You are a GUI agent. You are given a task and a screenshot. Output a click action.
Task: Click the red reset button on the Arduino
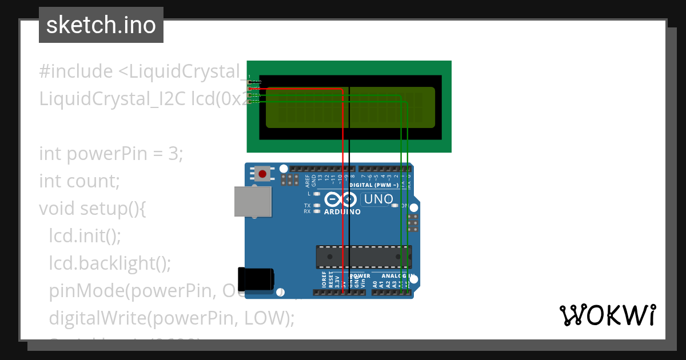pos(263,173)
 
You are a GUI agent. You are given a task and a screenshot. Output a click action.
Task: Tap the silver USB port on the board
pos(253,202)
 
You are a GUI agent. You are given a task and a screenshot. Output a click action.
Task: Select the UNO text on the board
pos(378,199)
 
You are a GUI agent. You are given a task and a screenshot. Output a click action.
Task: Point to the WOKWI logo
pos(607,315)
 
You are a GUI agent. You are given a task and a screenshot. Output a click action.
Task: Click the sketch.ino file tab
pos(101,25)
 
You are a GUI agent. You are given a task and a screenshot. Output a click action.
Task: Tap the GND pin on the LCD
pos(251,83)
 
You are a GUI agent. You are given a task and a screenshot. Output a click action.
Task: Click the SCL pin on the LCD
pos(251,102)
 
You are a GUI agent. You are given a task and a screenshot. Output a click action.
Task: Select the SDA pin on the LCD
pos(251,95)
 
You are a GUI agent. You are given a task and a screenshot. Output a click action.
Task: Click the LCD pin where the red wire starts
pos(251,89)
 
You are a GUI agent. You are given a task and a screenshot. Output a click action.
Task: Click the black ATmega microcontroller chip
pos(364,257)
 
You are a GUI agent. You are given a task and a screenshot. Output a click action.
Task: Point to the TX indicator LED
pos(316,205)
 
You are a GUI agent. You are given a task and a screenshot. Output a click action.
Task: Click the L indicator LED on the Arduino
pos(316,194)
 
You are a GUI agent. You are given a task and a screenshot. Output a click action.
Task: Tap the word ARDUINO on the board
pos(342,212)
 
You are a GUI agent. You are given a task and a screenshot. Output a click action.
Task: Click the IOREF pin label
pos(324,281)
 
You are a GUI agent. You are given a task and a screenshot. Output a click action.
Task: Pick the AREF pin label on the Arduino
pos(308,181)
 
